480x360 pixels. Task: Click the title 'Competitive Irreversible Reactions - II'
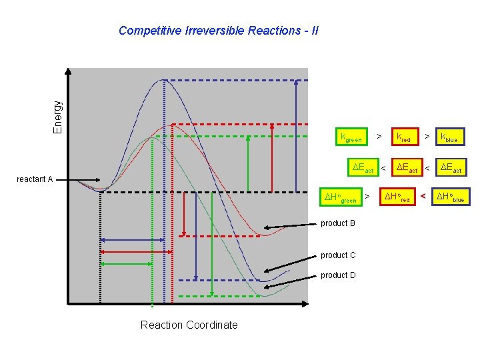click(218, 31)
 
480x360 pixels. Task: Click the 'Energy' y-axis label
click(58, 117)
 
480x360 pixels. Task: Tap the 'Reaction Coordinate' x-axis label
click(189, 325)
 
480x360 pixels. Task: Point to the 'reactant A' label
click(35, 179)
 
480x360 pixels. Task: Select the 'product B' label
click(338, 223)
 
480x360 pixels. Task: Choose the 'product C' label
click(338, 255)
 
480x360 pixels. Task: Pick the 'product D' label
click(338, 275)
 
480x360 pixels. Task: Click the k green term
click(351, 138)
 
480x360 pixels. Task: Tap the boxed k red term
click(404, 137)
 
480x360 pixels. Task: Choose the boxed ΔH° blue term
click(450, 197)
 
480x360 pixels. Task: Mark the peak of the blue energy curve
click(164, 80)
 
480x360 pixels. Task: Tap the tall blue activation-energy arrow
click(295, 136)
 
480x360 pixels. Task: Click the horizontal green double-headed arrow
click(127, 264)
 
